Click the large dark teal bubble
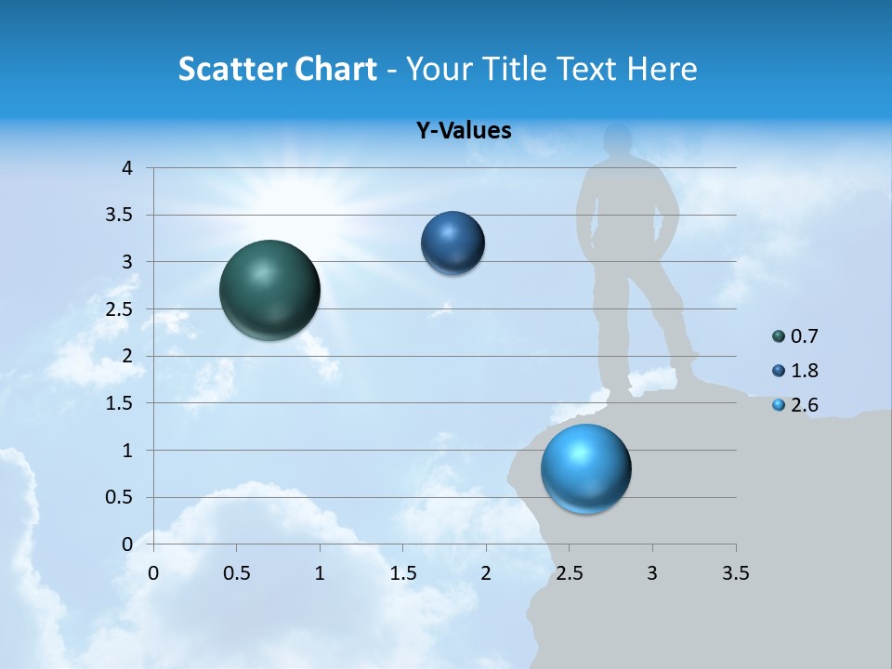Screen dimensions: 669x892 (270, 290)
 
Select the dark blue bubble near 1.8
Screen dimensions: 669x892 (453, 243)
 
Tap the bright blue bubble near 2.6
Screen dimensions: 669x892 (585, 468)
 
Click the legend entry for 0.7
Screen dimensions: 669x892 (795, 336)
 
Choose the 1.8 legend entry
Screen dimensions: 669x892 (795, 371)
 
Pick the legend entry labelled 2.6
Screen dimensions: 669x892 (795, 404)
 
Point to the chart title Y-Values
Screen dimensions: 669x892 (463, 131)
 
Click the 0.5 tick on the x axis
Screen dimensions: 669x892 (237, 572)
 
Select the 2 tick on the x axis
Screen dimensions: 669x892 (486, 572)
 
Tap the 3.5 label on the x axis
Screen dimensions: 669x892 (735, 572)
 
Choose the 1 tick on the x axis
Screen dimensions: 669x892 (321, 572)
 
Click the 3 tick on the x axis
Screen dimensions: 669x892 (652, 572)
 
